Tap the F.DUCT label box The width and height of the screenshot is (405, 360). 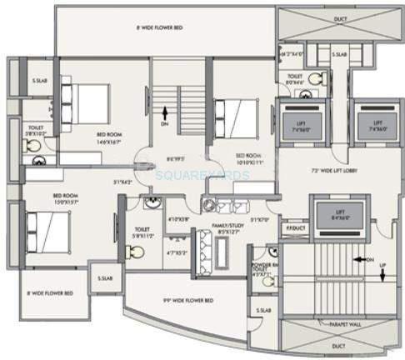point(293,227)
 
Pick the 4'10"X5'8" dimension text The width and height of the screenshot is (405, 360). point(177,220)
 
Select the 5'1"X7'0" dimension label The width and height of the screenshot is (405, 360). point(259,220)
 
